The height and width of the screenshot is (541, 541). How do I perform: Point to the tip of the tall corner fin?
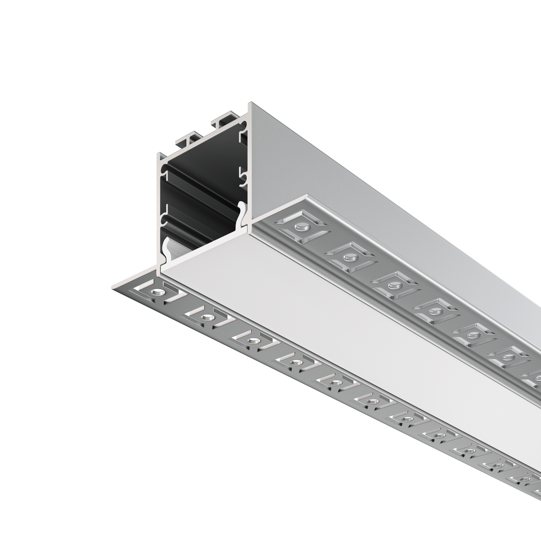(250, 103)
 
